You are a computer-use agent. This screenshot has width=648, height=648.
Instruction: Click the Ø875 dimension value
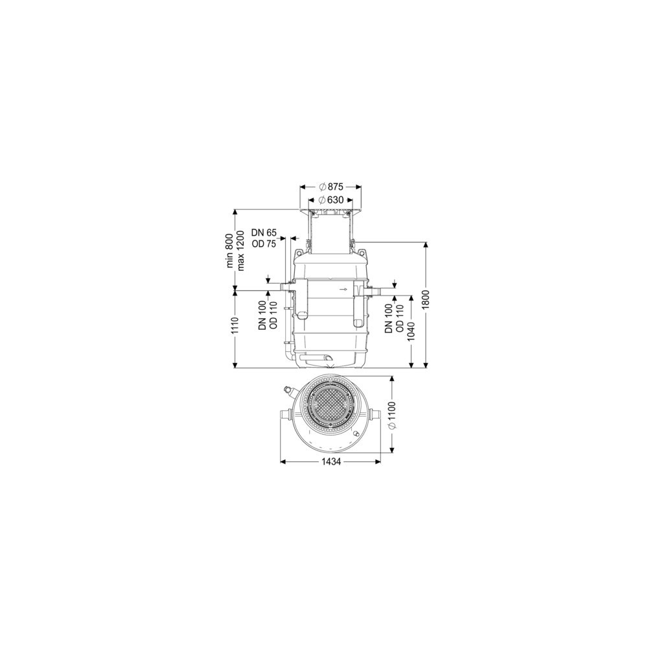coord(331,187)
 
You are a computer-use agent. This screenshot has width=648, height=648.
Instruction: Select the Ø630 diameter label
coord(331,200)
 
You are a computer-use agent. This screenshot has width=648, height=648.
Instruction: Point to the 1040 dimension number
coord(411,331)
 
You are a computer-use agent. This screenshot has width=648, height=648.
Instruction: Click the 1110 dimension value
coord(236,328)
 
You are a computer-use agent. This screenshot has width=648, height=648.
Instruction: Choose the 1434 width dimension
coord(330,462)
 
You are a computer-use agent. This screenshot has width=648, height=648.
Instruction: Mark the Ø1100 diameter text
coord(393,415)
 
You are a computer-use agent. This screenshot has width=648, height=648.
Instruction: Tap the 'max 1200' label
coord(241,250)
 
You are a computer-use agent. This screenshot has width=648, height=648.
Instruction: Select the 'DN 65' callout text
coord(263,233)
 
